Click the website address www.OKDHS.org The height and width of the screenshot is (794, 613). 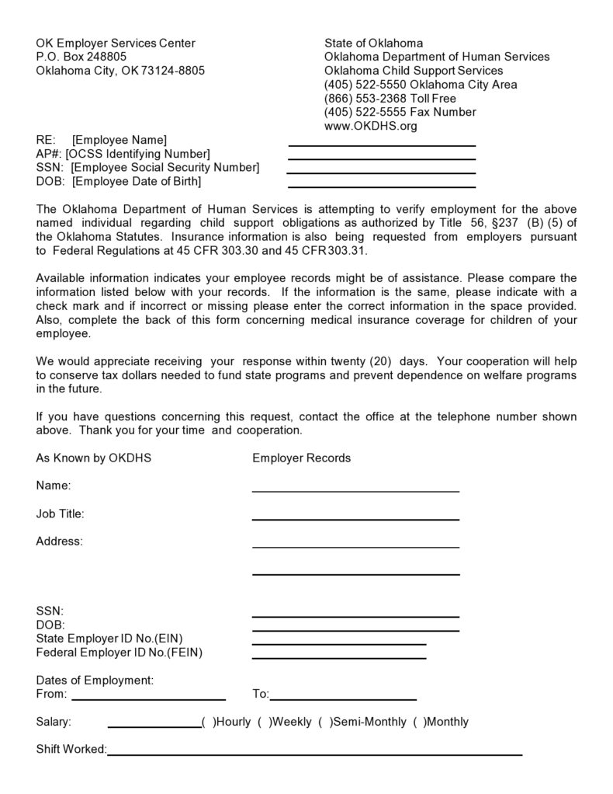pos(370,126)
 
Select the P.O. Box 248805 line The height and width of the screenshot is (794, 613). pos(81,57)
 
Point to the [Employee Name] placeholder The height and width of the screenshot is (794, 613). pos(119,140)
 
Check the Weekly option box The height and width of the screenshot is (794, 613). pos(265,722)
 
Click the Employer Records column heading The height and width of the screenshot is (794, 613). pos(301,458)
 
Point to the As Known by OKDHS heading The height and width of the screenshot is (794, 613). pos(93,458)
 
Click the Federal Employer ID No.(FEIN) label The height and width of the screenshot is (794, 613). pos(119,653)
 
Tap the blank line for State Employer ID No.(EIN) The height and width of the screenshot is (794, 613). pos(339,643)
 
